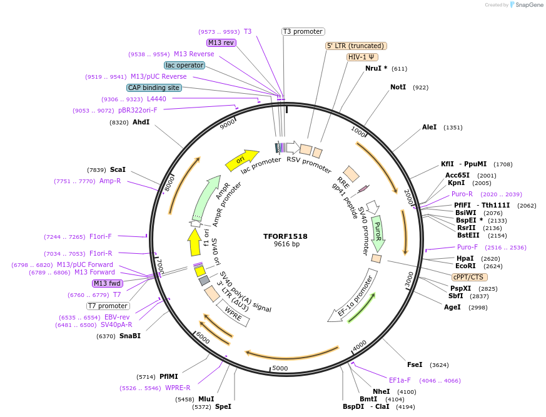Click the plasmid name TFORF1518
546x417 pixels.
pos(286,236)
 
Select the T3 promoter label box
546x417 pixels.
pos(303,31)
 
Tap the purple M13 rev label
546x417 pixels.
pos(221,43)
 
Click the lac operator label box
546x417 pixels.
pos(185,65)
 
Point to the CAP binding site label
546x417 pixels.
pos(154,88)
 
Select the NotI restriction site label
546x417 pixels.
pos(398,87)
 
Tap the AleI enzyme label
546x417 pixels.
pos(430,127)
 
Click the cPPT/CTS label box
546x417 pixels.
pos(469,277)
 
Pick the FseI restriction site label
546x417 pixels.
pos(415,364)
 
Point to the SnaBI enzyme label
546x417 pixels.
pos(130,336)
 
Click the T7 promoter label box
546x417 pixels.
pos(108,306)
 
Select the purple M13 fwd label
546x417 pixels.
pos(108,283)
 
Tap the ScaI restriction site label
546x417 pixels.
pos(118,169)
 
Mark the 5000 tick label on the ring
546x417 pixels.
pos(280,368)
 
